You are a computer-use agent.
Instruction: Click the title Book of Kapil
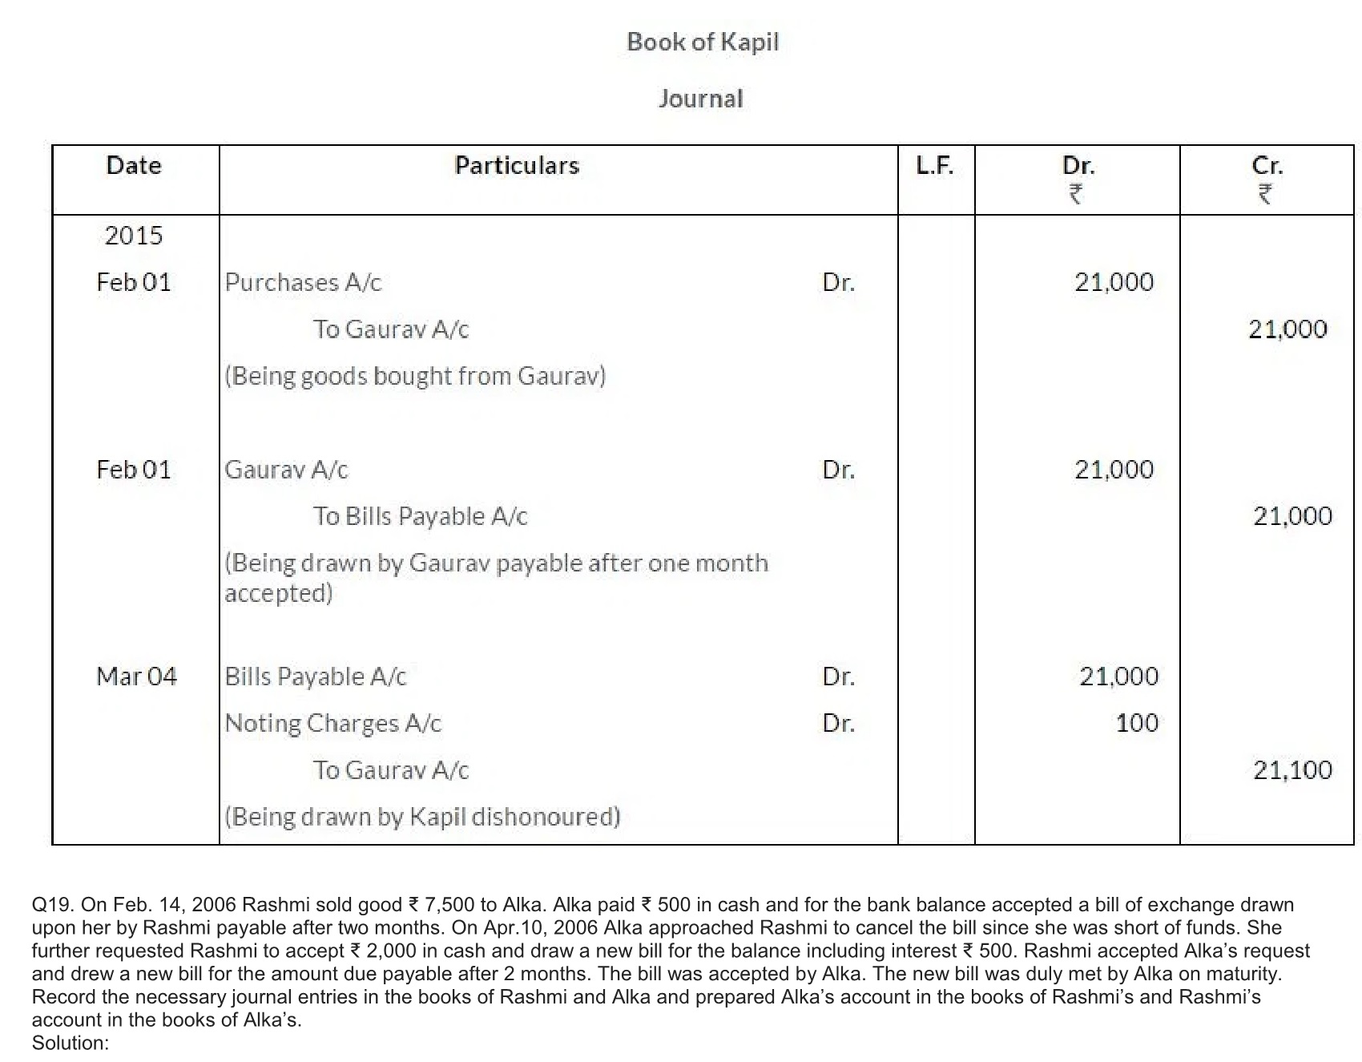(x=702, y=42)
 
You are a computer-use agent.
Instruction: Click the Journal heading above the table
(x=700, y=99)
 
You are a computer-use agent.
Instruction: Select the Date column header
(x=134, y=165)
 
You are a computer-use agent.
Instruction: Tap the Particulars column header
(x=517, y=165)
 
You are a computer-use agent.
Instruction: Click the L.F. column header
(x=934, y=165)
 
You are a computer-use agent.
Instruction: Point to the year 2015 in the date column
(x=134, y=235)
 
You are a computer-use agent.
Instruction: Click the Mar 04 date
(x=136, y=676)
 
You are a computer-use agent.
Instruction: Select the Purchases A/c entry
(x=303, y=282)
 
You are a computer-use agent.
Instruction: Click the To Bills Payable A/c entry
(x=420, y=516)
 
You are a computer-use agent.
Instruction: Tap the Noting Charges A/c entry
(x=332, y=723)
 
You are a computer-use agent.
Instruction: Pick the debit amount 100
(x=1137, y=723)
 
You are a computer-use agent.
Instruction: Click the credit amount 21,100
(x=1292, y=770)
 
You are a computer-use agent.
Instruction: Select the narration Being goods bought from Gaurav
(x=415, y=376)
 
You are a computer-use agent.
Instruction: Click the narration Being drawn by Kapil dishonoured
(x=422, y=817)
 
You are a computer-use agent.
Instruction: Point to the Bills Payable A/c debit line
(x=316, y=676)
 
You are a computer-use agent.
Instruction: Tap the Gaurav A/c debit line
(x=286, y=470)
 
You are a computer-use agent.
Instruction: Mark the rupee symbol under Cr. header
(x=1265, y=194)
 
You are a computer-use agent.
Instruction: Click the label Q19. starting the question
(x=54, y=905)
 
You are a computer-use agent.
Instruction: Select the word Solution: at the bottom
(x=71, y=1043)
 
